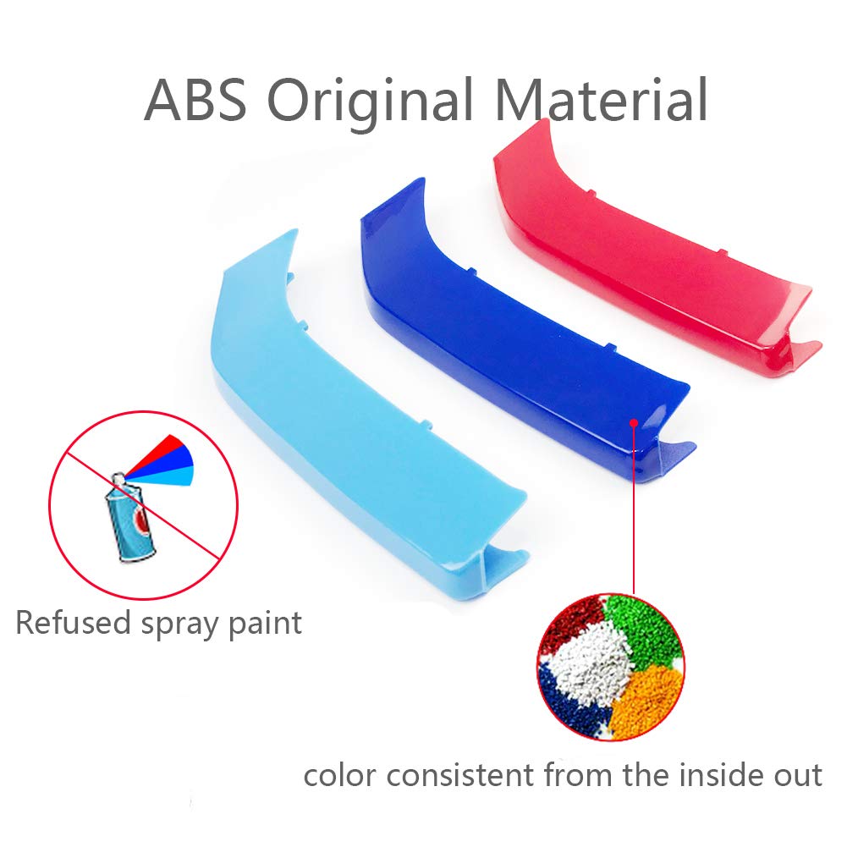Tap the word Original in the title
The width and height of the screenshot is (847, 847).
[371, 103]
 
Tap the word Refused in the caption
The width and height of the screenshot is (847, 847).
[74, 622]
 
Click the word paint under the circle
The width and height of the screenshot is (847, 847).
[265, 624]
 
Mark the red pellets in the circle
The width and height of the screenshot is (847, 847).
[570, 621]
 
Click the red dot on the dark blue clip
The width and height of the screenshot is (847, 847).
[634, 423]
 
